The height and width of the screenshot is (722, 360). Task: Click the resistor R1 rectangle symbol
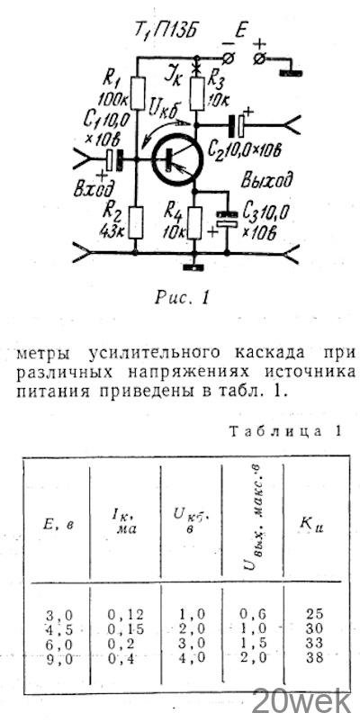(138, 93)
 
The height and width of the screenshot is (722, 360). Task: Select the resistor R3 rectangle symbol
(197, 94)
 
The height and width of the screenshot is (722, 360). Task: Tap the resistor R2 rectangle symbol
(135, 222)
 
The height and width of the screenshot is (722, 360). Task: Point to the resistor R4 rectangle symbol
(194, 223)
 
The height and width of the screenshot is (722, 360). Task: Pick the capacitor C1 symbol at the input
(114, 159)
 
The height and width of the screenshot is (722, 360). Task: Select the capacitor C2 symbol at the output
(238, 125)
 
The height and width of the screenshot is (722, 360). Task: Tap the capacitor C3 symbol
(227, 219)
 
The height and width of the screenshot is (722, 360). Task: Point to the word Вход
(94, 189)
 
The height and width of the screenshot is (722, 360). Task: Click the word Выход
(267, 180)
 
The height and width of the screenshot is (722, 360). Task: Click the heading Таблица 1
(285, 431)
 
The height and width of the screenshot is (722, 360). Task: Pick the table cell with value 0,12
(126, 614)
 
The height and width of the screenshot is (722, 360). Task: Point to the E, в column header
(58, 525)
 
